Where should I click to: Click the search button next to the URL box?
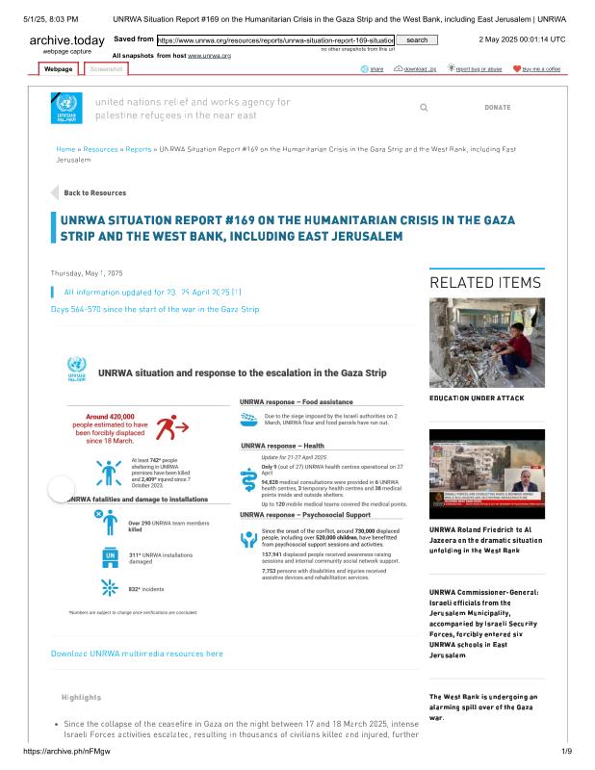click(x=417, y=40)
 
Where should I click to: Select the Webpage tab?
click(x=59, y=70)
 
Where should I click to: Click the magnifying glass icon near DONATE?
click(x=425, y=108)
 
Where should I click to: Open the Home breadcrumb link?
click(x=65, y=150)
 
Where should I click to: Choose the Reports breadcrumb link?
click(x=139, y=150)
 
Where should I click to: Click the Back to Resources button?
click(x=94, y=192)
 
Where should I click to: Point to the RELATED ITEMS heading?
click(x=485, y=283)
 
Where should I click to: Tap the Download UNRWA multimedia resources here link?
click(x=137, y=654)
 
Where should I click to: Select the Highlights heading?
click(x=81, y=697)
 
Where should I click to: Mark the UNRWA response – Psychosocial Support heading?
click(x=305, y=515)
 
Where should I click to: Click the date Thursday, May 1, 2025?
click(x=87, y=273)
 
